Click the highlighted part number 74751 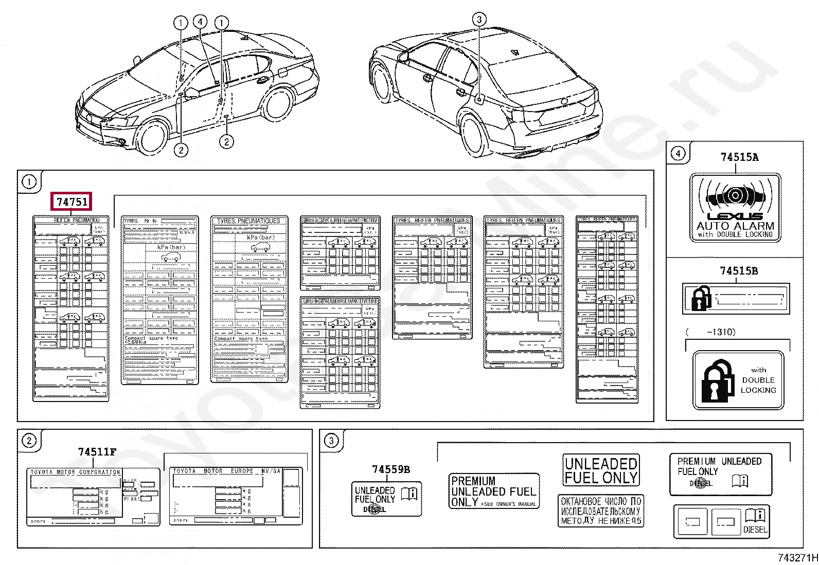(x=72, y=202)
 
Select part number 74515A (x=739, y=157)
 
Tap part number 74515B (x=738, y=271)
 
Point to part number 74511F (x=97, y=452)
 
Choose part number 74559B (x=391, y=469)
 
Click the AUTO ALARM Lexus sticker (x=735, y=208)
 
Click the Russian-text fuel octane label (x=601, y=511)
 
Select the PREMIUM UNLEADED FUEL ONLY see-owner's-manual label (x=494, y=491)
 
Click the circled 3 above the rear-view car (x=479, y=20)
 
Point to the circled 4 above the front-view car (x=200, y=22)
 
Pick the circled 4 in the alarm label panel (x=678, y=153)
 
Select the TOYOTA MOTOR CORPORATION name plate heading (x=75, y=472)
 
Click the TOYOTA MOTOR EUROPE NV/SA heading (x=226, y=471)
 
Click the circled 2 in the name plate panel (x=29, y=441)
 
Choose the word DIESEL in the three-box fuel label (x=755, y=530)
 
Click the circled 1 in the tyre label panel (x=29, y=182)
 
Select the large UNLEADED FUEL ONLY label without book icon (x=601, y=470)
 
